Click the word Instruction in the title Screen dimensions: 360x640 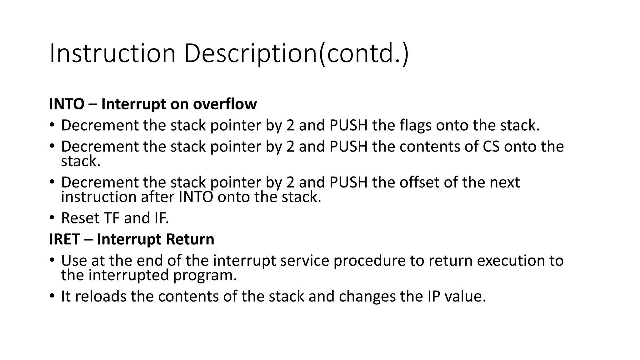tap(112, 53)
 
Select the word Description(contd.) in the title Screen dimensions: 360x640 tap(296, 53)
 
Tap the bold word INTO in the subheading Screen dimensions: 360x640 tap(67, 104)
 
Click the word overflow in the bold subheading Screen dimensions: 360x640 tap(225, 104)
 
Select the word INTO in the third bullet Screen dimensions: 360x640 tap(196, 197)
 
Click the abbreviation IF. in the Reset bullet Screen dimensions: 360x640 tap(162, 218)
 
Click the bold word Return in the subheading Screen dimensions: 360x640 tap(190, 239)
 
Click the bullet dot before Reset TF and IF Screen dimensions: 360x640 tap(52, 217)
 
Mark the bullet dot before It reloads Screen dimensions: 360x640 tap(52, 296)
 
